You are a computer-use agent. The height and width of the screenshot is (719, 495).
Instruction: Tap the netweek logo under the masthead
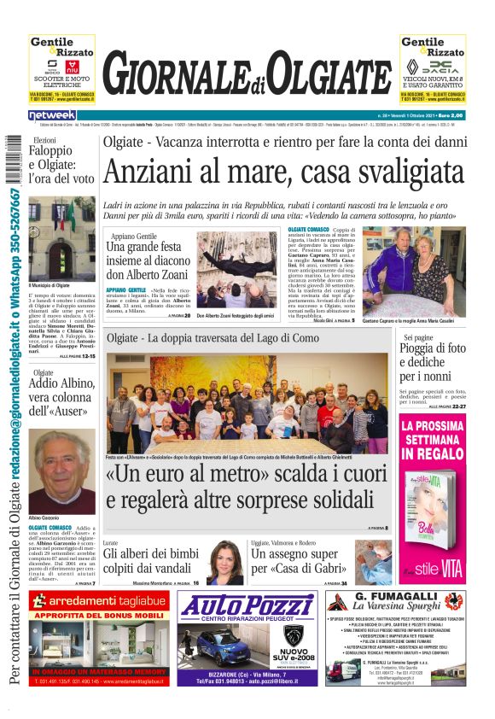point(52,115)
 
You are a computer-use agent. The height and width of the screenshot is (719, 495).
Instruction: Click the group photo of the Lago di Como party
point(247,402)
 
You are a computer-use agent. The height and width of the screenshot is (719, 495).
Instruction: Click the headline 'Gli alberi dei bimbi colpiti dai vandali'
point(151,561)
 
